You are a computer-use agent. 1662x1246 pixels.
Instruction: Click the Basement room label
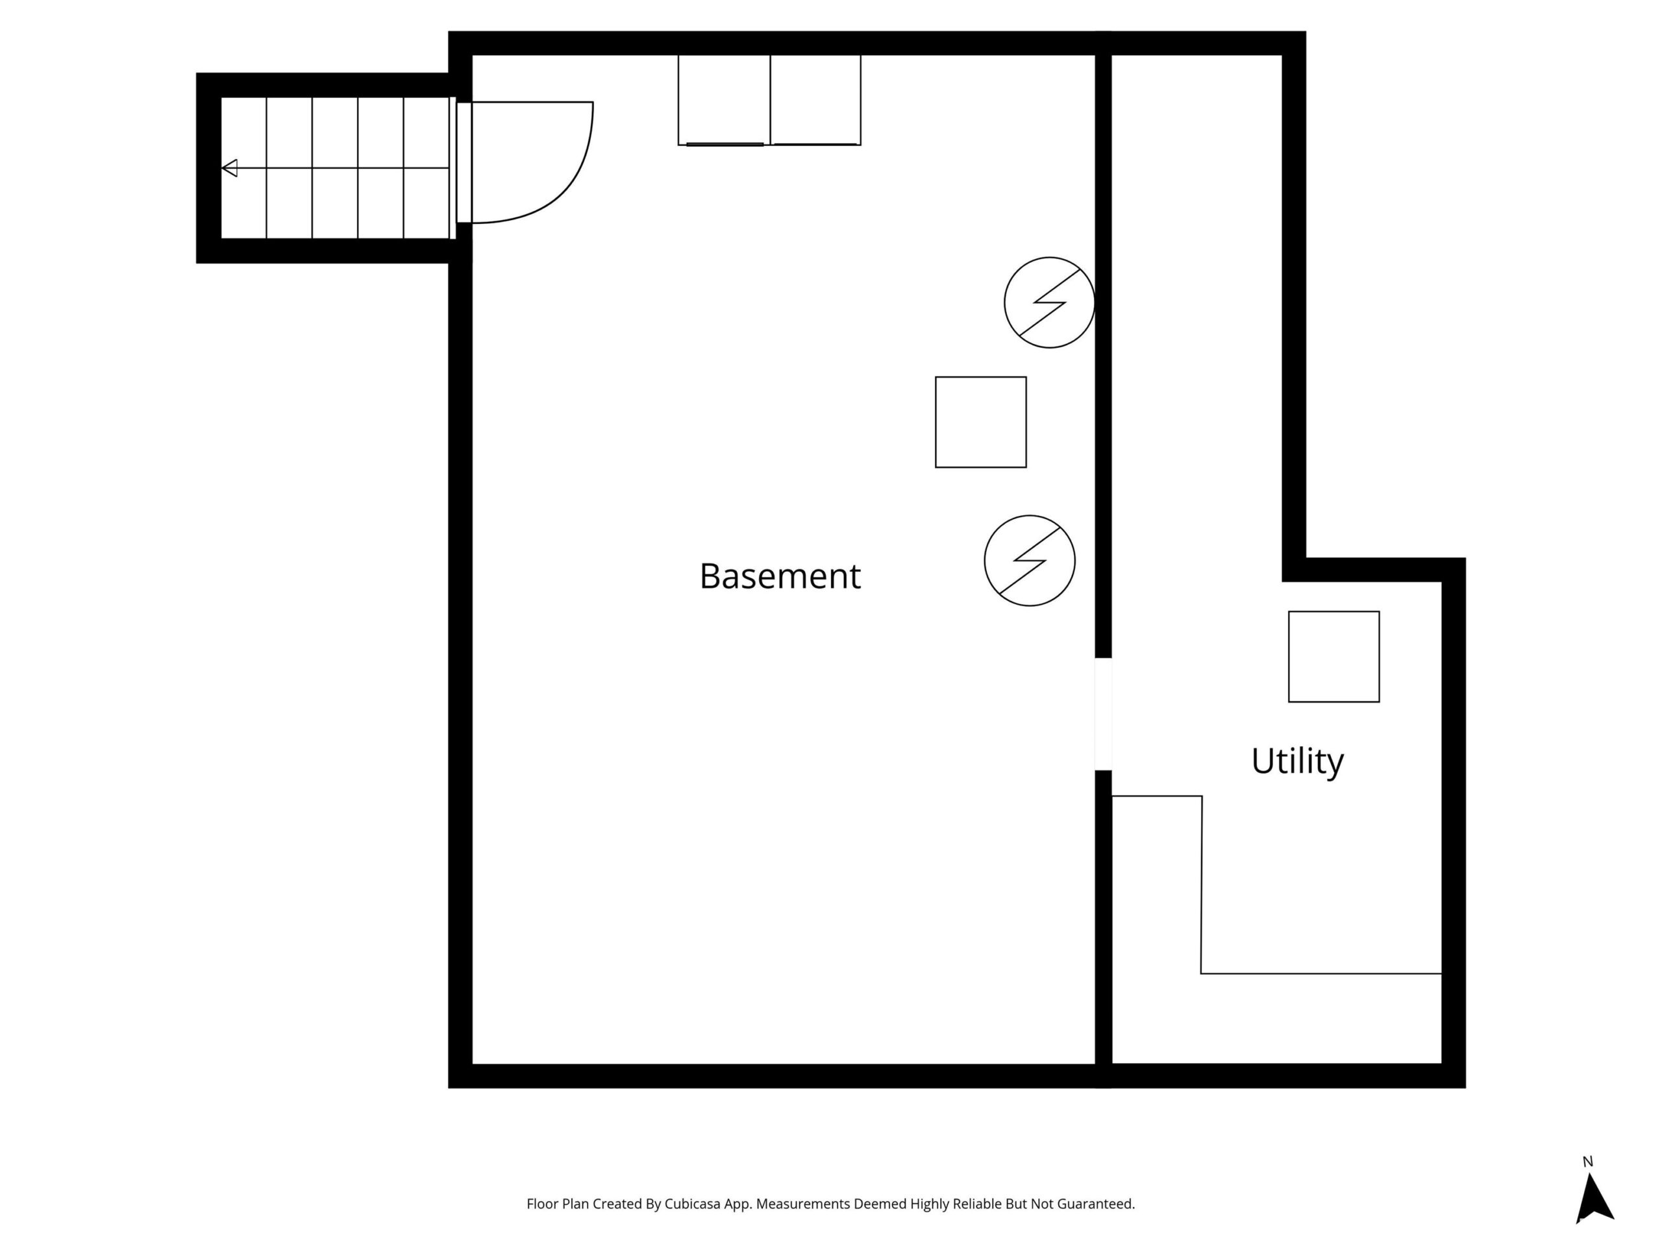point(780,577)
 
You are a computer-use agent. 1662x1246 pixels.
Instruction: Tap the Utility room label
point(1298,762)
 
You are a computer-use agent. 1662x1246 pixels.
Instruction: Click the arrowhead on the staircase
point(230,168)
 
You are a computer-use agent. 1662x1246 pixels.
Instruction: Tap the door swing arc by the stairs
point(571,188)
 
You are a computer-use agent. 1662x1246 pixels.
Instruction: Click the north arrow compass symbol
point(1594,1199)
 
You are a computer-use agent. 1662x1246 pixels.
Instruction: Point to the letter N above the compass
point(1587,1162)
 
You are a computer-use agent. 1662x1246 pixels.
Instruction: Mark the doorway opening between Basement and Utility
point(1103,715)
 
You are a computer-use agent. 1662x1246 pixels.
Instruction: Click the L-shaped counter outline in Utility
point(1202,886)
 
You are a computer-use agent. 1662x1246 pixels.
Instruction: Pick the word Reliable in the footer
point(978,1204)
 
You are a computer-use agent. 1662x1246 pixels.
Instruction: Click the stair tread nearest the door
point(427,168)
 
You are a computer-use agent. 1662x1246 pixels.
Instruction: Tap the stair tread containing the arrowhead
point(244,168)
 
